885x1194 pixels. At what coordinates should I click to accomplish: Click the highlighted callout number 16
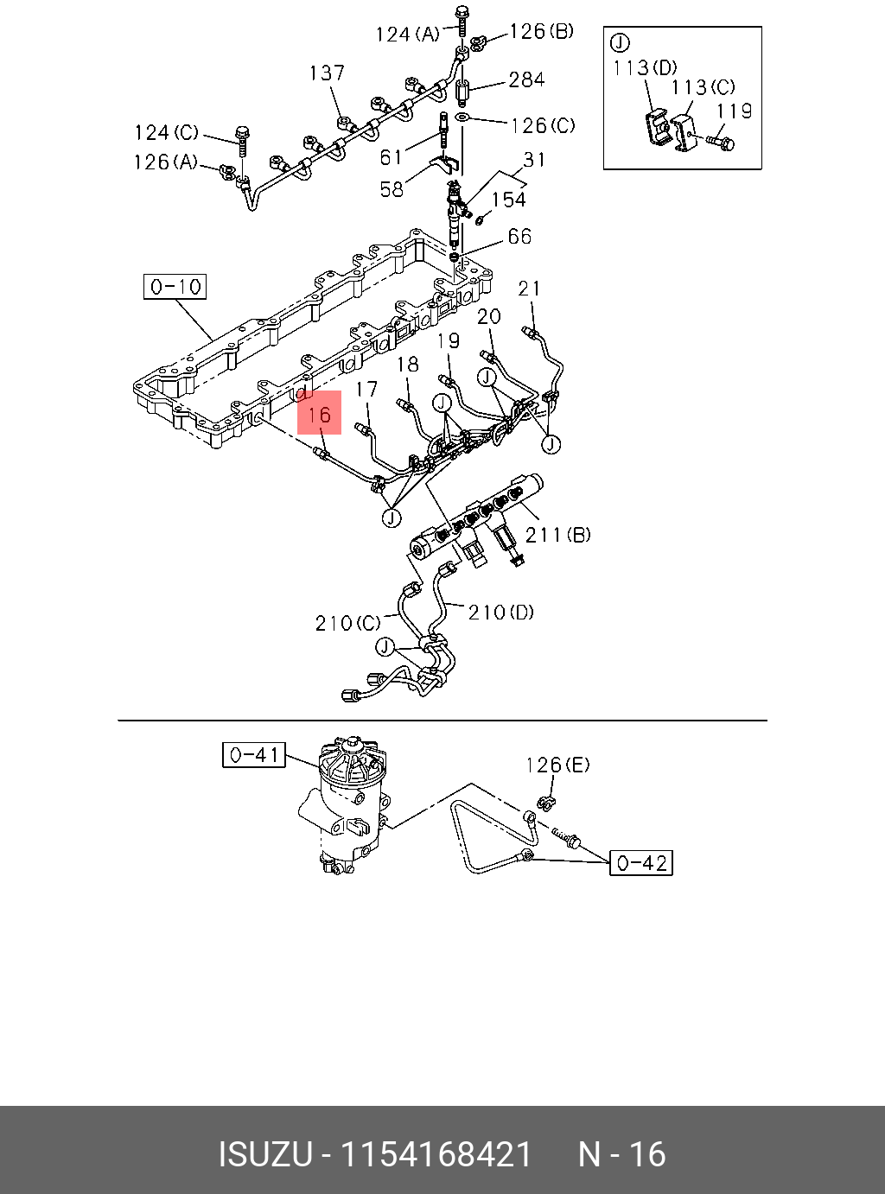(320, 414)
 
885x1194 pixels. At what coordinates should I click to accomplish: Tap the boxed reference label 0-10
(175, 287)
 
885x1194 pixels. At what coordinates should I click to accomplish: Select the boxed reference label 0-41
(254, 755)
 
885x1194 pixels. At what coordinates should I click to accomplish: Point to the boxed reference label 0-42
(641, 862)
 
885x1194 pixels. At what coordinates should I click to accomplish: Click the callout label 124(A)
(407, 35)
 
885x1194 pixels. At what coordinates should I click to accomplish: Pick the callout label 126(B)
(541, 32)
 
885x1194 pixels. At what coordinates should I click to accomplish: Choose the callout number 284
(526, 80)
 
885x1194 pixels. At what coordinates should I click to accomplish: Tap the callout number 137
(327, 73)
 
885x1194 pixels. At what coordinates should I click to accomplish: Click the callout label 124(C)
(166, 133)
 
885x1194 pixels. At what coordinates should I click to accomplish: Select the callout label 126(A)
(165, 162)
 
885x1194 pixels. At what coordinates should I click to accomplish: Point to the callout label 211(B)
(558, 535)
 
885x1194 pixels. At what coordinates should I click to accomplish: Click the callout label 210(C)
(347, 623)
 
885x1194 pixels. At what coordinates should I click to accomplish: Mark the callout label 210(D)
(501, 613)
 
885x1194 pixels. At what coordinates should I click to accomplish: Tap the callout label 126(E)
(557, 765)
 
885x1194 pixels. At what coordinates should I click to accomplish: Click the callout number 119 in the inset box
(734, 111)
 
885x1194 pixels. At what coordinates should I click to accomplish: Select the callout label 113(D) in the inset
(645, 67)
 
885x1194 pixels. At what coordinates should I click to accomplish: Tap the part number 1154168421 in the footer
(436, 1154)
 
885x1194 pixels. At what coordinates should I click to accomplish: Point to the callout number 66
(519, 237)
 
